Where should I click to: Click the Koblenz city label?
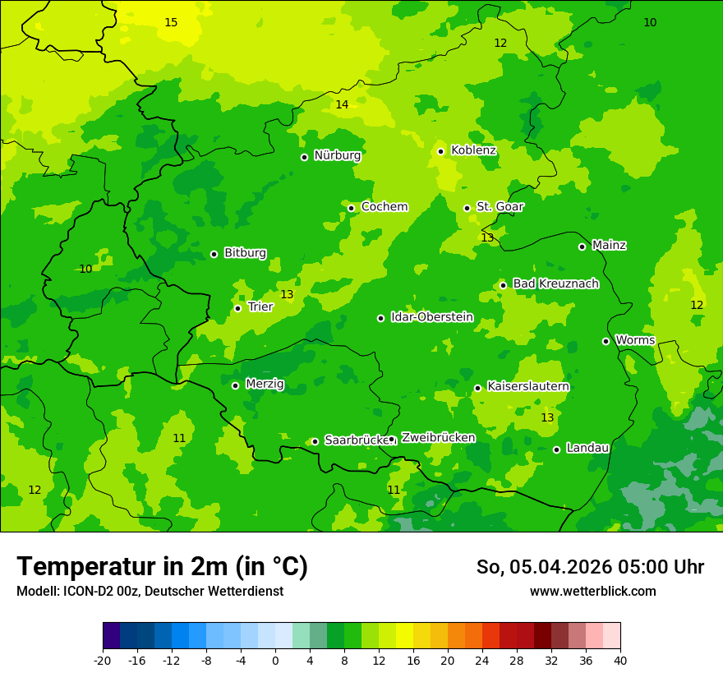(473, 150)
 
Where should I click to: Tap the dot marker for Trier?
(237, 308)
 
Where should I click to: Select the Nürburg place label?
(337, 155)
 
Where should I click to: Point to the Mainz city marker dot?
(582, 247)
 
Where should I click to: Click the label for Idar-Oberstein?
(431, 317)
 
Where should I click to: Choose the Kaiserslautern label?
(528, 386)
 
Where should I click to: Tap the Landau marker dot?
(556, 449)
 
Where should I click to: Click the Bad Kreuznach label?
(555, 283)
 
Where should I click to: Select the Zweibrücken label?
(438, 438)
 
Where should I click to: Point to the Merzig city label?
(265, 384)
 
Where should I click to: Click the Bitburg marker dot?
(214, 254)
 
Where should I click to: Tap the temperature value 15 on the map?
(171, 22)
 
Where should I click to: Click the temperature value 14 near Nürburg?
(342, 104)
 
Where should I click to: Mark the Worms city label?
(635, 340)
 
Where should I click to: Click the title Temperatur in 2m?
(162, 566)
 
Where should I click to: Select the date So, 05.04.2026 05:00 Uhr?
(590, 567)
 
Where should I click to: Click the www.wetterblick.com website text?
(592, 591)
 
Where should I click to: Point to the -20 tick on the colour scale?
(103, 660)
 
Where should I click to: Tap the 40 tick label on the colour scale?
(620, 660)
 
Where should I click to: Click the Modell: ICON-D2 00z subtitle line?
(150, 591)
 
